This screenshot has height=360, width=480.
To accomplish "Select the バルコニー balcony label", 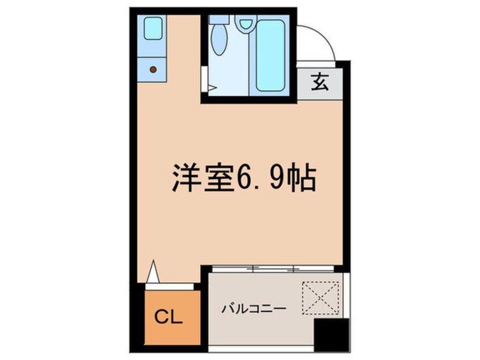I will click(254, 309).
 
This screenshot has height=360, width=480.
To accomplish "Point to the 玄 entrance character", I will click(319, 84).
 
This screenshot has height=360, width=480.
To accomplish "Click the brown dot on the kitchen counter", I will click(153, 69).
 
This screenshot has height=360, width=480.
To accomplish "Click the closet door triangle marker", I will click(153, 271).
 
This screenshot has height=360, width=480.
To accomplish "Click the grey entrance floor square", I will click(319, 84).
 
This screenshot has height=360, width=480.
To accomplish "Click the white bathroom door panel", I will click(204, 79).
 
